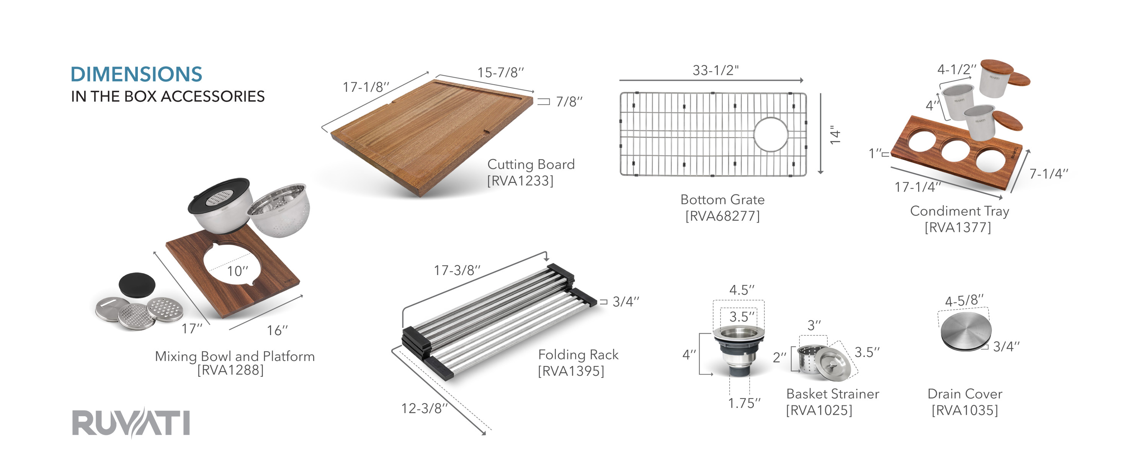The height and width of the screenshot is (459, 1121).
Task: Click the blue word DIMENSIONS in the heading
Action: (x=136, y=74)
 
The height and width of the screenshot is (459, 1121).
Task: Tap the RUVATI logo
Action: (x=131, y=423)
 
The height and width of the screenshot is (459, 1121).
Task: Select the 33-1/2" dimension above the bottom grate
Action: (x=716, y=70)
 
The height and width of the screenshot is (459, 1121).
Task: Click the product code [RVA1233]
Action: (x=520, y=181)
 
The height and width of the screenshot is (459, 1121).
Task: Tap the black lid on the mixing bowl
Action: (x=219, y=195)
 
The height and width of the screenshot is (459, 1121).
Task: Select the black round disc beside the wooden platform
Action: (x=137, y=285)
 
